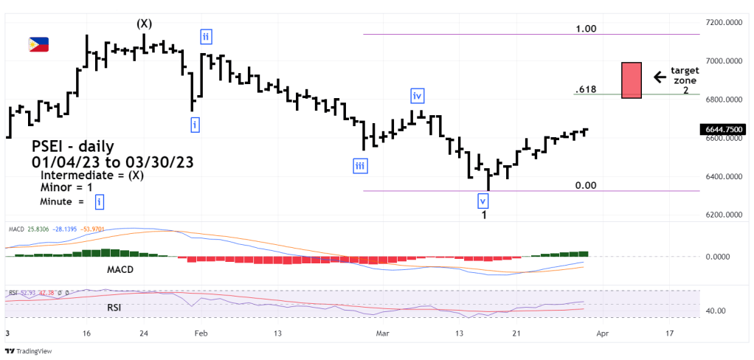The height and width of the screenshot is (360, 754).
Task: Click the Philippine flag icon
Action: pos(38,45)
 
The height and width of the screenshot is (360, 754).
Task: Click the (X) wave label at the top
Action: pos(145,24)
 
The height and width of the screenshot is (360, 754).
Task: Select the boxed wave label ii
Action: pos(205,37)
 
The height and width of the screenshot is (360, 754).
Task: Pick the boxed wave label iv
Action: pos(418,96)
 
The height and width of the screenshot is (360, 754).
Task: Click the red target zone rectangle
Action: pos(631,80)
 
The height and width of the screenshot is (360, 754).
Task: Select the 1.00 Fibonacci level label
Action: pos(587,29)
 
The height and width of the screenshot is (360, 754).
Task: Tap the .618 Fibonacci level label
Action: pos(585,90)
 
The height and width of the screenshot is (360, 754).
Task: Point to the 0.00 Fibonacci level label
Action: pos(586,186)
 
